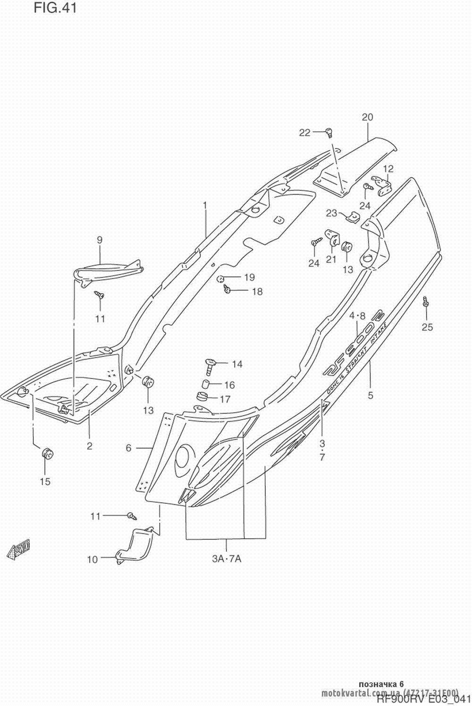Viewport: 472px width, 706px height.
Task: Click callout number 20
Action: pyautogui.click(x=368, y=117)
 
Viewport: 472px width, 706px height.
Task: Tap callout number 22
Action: pyautogui.click(x=304, y=133)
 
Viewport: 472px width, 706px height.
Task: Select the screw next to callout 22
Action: pyautogui.click(x=329, y=132)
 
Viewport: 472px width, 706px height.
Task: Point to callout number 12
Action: pyautogui.click(x=388, y=169)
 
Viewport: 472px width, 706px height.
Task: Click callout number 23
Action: pyautogui.click(x=332, y=213)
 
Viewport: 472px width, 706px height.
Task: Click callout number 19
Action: pyautogui.click(x=249, y=277)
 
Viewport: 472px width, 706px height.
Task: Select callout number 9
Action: pyautogui.click(x=100, y=240)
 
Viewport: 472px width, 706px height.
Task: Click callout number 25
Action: pyautogui.click(x=427, y=327)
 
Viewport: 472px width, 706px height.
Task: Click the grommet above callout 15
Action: pyautogui.click(x=47, y=453)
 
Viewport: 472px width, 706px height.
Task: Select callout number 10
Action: pyautogui.click(x=92, y=560)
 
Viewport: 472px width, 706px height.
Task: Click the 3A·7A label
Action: pyautogui.click(x=227, y=559)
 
